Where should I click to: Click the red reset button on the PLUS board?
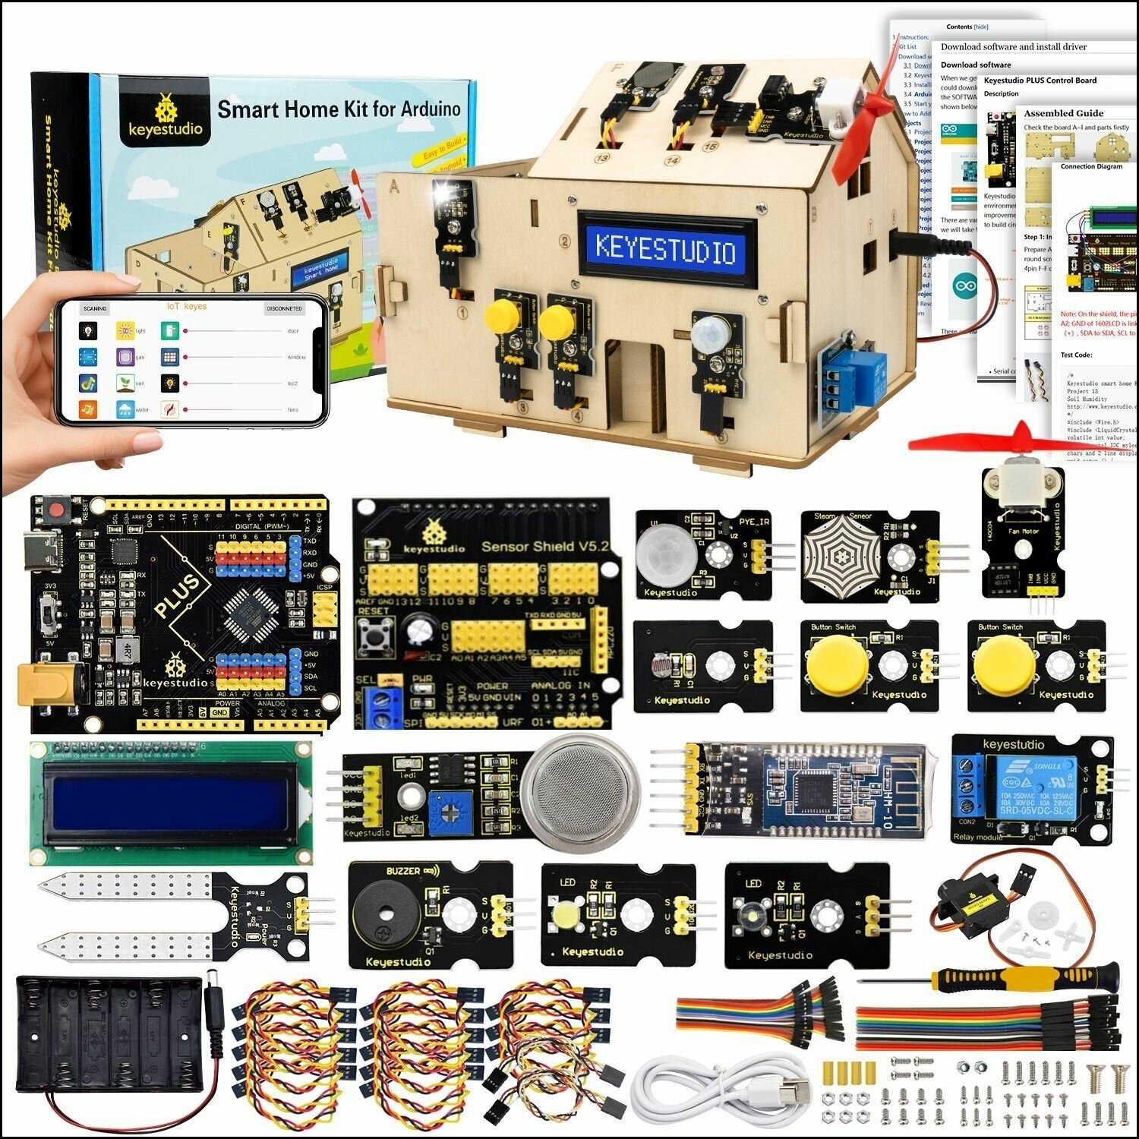pyautogui.click(x=55, y=508)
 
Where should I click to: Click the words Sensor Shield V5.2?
pyautogui.click(x=545, y=546)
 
